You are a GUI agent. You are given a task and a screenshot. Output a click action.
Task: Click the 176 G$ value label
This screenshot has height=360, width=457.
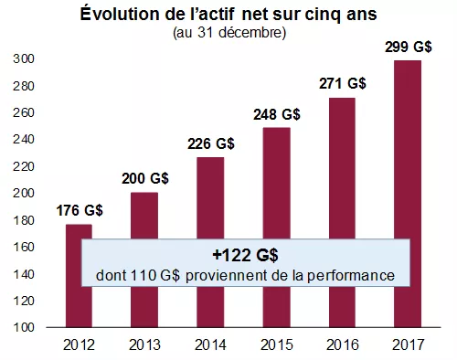(80, 210)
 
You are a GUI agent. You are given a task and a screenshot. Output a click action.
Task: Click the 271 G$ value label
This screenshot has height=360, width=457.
(343, 83)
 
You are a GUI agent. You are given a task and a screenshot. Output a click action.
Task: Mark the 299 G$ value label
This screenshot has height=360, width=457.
(408, 46)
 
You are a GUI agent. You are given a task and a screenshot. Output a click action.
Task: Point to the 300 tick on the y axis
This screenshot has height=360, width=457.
(24, 59)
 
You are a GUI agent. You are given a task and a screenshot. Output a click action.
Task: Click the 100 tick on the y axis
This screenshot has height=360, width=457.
(24, 327)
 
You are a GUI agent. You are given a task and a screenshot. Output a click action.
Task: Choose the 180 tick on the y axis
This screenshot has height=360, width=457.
(24, 220)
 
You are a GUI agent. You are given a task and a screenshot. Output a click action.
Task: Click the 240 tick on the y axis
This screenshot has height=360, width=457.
(24, 140)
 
